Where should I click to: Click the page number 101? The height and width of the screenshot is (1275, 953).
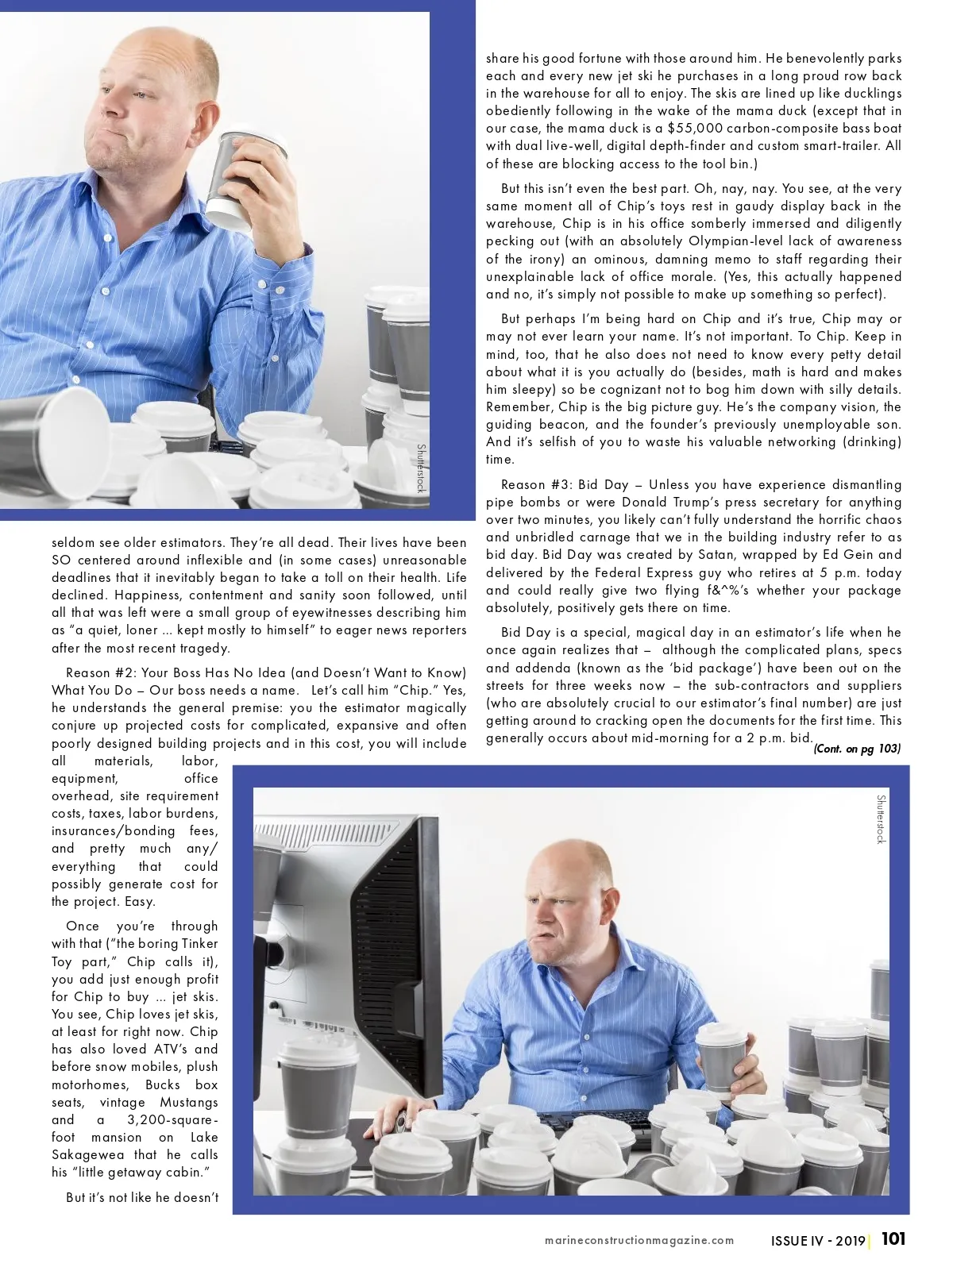[x=893, y=1239]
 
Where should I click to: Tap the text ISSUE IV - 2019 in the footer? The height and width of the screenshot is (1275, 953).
[x=817, y=1241]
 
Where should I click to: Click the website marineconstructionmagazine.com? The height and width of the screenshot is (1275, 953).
[x=639, y=1241]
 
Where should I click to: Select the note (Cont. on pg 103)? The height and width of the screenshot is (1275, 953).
[x=857, y=749]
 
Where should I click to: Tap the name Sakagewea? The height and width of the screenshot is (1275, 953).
[x=91, y=1155]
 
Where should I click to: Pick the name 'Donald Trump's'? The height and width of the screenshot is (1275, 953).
[x=672, y=503]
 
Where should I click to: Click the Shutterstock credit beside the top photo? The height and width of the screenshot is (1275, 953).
[x=421, y=468]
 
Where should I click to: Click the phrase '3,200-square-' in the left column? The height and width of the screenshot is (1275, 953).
[x=172, y=1120]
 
